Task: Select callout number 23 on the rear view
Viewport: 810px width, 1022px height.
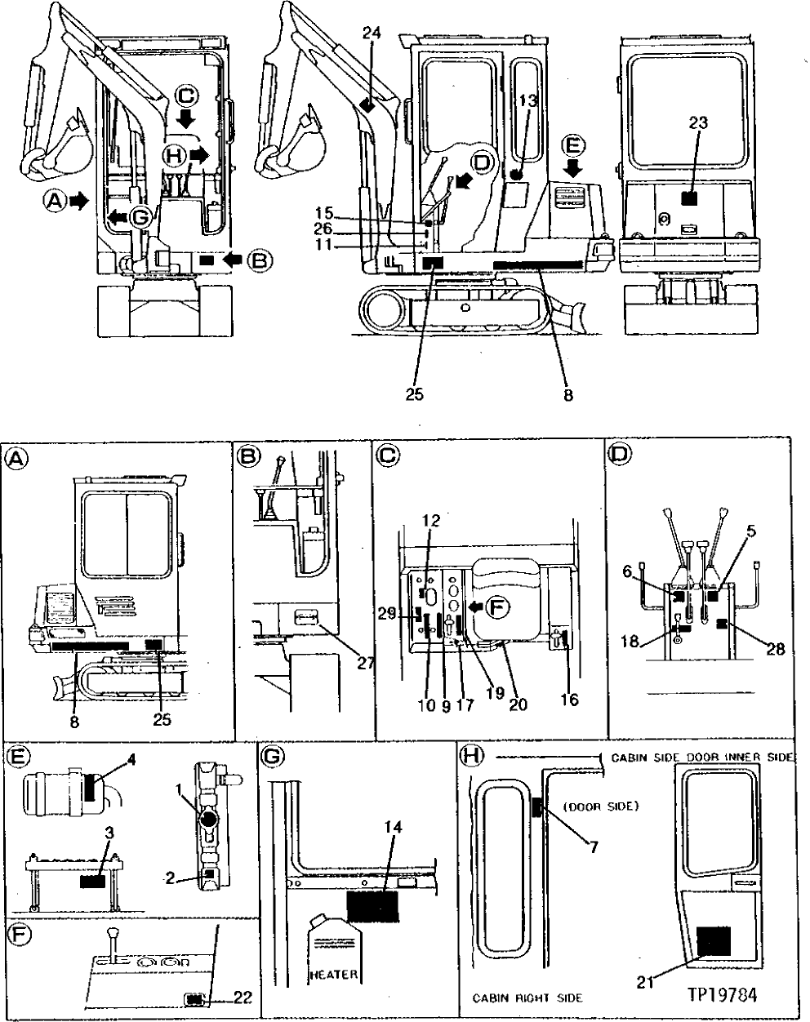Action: coord(698,122)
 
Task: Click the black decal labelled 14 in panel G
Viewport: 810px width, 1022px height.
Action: coord(372,905)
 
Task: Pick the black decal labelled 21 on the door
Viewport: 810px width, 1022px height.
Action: coord(714,941)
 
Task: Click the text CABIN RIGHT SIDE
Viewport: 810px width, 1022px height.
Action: coord(527,998)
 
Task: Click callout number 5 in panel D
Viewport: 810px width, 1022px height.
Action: coord(750,530)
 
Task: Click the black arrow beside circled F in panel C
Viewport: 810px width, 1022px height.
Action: coord(474,607)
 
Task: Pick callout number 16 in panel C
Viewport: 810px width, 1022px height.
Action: coord(570,700)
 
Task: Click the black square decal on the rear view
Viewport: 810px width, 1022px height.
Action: coord(690,198)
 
